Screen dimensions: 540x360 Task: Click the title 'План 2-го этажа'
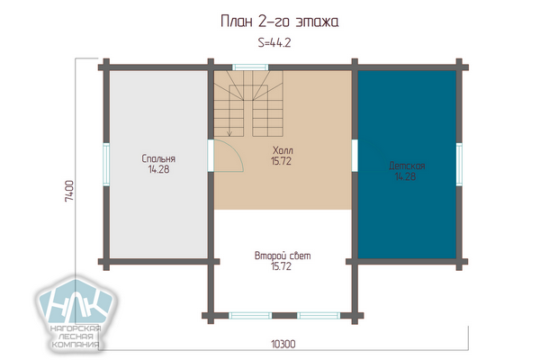point(279,22)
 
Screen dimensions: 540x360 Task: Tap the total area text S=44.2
point(274,42)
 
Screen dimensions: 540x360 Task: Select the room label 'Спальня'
point(158,158)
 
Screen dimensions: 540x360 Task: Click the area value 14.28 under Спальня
point(158,169)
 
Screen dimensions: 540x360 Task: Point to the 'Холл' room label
point(283,150)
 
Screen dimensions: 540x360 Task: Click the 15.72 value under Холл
point(281,161)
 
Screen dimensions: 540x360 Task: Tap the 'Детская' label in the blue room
point(407,166)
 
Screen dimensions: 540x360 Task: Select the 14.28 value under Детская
point(405,176)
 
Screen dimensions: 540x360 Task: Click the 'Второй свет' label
point(283,256)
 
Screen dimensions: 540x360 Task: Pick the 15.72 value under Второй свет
point(281,266)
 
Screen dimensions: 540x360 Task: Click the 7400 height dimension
point(69,191)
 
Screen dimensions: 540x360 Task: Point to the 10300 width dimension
point(283,344)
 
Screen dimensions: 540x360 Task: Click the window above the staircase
point(250,67)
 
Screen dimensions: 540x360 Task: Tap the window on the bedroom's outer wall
point(106,165)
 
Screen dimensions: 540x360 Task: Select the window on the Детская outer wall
point(459,165)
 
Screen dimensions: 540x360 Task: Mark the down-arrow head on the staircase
point(229,134)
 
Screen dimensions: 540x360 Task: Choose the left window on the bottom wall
point(250,316)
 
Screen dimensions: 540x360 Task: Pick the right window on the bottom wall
point(319,316)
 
